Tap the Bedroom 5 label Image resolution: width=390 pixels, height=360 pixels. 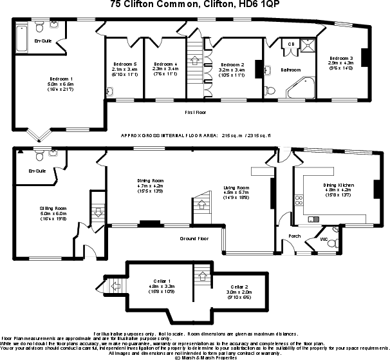coord(125,64)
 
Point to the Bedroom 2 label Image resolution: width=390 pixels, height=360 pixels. coord(232,65)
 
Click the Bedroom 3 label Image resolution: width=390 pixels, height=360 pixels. coord(340,59)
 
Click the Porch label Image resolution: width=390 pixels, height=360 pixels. coord(295,236)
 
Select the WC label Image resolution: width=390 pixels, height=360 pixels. coord(324,239)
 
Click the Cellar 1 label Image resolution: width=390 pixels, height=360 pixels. coord(161,281)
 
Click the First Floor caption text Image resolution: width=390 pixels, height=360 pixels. coord(195,111)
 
